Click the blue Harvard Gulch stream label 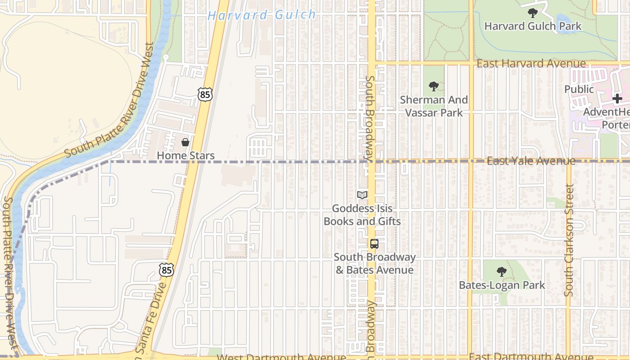(262, 15)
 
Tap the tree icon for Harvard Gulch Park (533, 13)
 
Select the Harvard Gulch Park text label (533, 26)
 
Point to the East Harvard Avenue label (531, 63)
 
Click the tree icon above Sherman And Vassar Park (434, 86)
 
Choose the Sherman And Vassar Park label (434, 106)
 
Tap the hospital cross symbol (617, 99)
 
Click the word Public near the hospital (579, 89)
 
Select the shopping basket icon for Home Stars (185, 142)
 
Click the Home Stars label (185, 156)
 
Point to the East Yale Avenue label (531, 161)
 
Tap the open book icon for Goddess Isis (362, 195)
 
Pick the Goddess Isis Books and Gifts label (362, 215)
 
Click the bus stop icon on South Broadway (374, 244)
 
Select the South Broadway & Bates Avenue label (374, 264)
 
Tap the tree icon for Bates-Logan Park (501, 272)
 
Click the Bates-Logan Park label (502, 285)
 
